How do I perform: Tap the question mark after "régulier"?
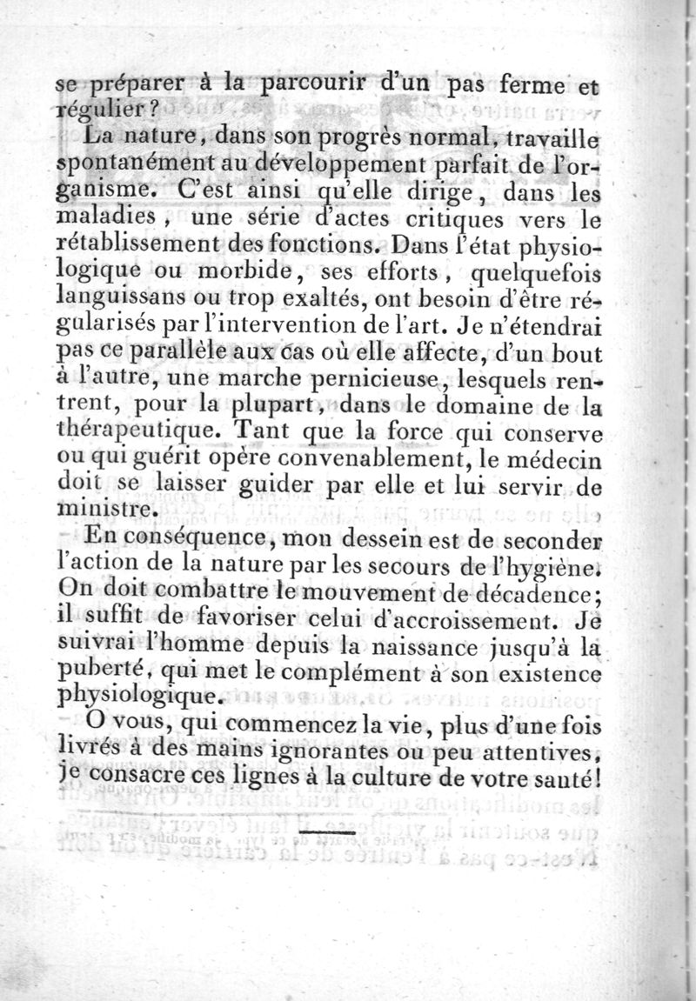coord(153,111)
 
